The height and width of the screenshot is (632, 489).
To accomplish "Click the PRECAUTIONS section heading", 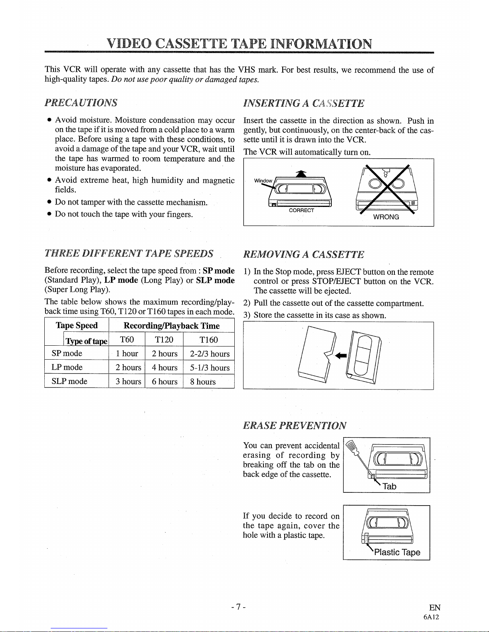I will [81, 102].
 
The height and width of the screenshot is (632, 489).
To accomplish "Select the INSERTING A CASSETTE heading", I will [304, 103].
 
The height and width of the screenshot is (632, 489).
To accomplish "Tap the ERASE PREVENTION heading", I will [295, 425].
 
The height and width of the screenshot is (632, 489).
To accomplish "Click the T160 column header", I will [208, 340].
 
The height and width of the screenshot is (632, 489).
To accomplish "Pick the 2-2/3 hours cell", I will [210, 354].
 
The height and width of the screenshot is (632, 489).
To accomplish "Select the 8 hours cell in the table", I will [203, 382].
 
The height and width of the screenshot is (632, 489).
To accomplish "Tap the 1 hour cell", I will [127, 354].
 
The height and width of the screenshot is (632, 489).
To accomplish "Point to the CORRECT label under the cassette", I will [301, 210].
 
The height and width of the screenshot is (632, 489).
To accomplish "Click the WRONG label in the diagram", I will [386, 217].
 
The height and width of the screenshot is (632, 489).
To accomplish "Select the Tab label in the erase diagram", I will [389, 486].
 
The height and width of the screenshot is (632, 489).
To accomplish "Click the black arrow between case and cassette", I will [340, 356].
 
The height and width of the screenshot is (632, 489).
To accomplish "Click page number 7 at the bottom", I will [238, 607].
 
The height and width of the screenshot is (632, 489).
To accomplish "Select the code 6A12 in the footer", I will [432, 617].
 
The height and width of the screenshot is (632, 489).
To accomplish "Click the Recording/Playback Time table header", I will [172, 326].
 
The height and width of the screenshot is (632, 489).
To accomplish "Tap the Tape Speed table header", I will [77, 325].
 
